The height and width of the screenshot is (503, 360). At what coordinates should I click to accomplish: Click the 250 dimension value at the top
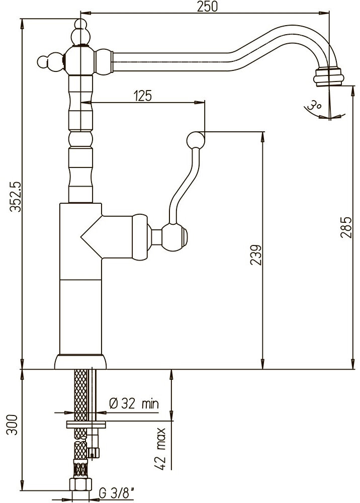tap(207, 7)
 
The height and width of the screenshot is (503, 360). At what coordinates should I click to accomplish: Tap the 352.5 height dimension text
tap(15, 196)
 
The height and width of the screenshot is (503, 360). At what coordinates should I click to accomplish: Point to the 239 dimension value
tap(255, 255)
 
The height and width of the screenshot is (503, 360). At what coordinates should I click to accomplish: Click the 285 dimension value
tap(346, 227)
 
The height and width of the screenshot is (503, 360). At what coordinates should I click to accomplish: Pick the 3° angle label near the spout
tap(314, 105)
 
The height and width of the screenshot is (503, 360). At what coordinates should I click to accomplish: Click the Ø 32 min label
tap(134, 403)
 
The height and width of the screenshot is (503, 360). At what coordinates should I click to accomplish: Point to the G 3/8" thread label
tap(116, 493)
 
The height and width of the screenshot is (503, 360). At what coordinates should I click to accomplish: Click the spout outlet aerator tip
tap(328, 76)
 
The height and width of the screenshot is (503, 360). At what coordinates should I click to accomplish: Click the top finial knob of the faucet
tap(81, 32)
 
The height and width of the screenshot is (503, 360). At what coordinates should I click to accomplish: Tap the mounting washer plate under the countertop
tap(86, 424)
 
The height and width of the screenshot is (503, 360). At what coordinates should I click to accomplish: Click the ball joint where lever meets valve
tap(174, 236)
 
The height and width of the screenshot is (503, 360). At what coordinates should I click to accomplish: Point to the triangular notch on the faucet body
tap(92, 237)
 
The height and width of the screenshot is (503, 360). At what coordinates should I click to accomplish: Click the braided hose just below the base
tap(80, 394)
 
